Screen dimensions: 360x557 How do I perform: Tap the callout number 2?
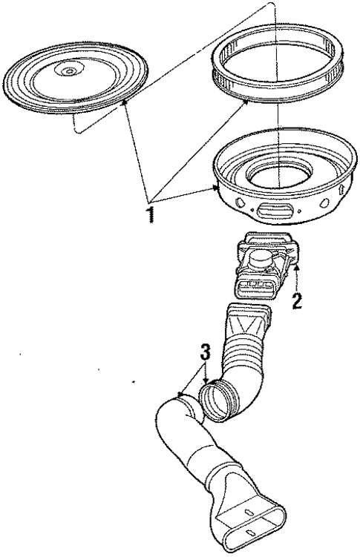(x=297, y=300)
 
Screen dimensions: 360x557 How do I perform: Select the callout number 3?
(x=205, y=352)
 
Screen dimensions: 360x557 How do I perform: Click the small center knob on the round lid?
(x=71, y=71)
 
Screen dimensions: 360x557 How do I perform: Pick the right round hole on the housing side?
(x=324, y=203)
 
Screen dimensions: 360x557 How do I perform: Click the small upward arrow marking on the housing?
(x=342, y=188)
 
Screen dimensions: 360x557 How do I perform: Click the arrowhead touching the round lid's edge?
(x=123, y=103)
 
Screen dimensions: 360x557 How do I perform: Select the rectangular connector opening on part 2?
(x=254, y=285)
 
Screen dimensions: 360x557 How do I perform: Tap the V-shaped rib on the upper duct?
(x=248, y=325)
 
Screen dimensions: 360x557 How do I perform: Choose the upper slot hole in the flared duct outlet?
(x=249, y=512)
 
